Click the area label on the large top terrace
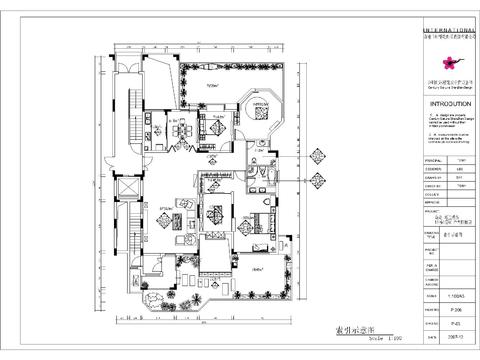[213, 87]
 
